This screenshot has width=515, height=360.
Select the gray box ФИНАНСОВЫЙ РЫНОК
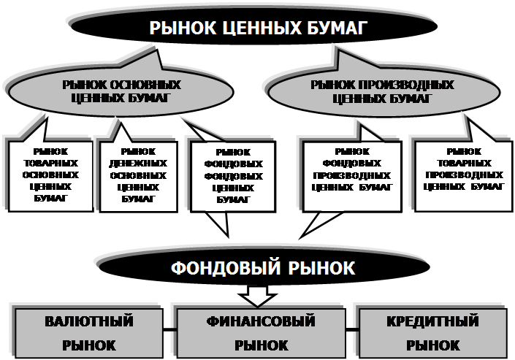pos(260,332)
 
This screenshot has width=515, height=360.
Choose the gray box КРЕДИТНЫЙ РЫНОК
pos(432,332)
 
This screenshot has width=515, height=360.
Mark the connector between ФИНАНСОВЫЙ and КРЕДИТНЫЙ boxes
pos(351,329)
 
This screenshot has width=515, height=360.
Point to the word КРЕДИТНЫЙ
pos(432,321)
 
